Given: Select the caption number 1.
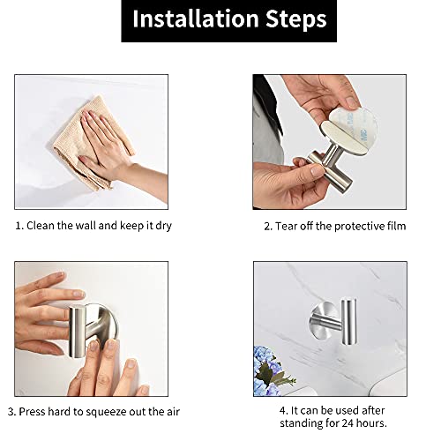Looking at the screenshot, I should click(18, 226).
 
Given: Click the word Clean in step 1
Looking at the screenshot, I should click(41, 226).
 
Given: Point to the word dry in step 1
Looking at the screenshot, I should click(161, 226).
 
